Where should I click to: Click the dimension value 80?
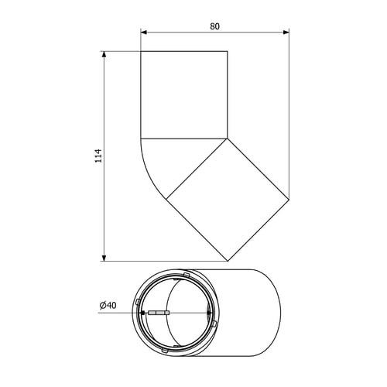[x=214, y=26]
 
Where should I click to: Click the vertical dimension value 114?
[x=99, y=156]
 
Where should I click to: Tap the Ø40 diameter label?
[x=108, y=305]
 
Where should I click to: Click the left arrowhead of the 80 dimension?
[x=144, y=33]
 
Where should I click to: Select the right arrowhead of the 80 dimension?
[x=286, y=33]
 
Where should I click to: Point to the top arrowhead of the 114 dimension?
[x=104, y=54]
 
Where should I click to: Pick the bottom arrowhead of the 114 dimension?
[x=104, y=258]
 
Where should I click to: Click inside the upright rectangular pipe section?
[x=184, y=94]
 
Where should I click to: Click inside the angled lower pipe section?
[x=228, y=200]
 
